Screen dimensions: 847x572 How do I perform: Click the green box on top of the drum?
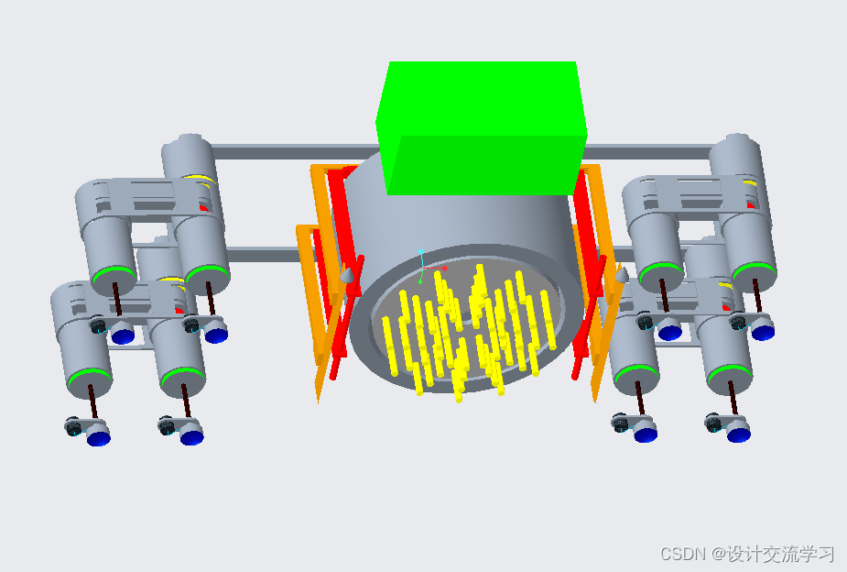481,127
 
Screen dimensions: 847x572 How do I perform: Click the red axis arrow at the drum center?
435,269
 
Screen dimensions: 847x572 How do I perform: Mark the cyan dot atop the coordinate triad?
420,252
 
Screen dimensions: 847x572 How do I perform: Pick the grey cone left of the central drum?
348,275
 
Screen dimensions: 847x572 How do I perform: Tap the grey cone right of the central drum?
622,275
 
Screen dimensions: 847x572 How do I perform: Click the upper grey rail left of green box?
295,151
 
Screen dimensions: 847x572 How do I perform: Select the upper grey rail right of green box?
649,151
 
